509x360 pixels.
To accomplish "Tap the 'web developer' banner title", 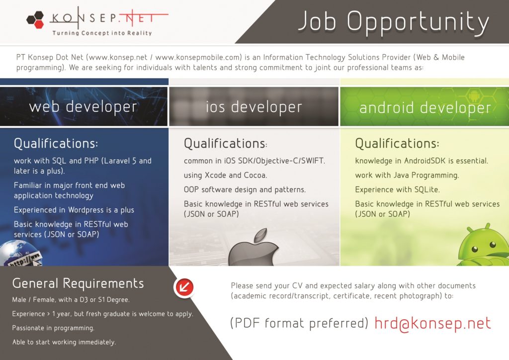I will tap(83, 106).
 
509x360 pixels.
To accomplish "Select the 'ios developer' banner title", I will tap(254, 106).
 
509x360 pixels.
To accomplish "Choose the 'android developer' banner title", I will tap(425, 107).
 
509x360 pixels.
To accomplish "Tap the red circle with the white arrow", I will tap(184, 287).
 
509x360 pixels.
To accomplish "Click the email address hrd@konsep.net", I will tap(432, 323).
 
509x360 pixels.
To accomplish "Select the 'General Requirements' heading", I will tap(78, 283).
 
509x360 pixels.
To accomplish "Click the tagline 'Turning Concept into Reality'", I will tap(102, 33).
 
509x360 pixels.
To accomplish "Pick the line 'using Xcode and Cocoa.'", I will tap(226, 175).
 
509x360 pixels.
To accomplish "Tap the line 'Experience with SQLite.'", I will tap(397, 189).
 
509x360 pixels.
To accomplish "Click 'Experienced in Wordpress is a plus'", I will tap(74, 210).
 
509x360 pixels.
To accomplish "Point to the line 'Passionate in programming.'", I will tap(53, 328).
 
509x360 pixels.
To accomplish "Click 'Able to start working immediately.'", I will tap(64, 342).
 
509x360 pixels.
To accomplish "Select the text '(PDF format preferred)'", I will tap(299, 324).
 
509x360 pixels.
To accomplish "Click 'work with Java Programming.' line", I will tap(407, 175).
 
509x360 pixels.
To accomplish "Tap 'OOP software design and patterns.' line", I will tap(245, 189).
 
